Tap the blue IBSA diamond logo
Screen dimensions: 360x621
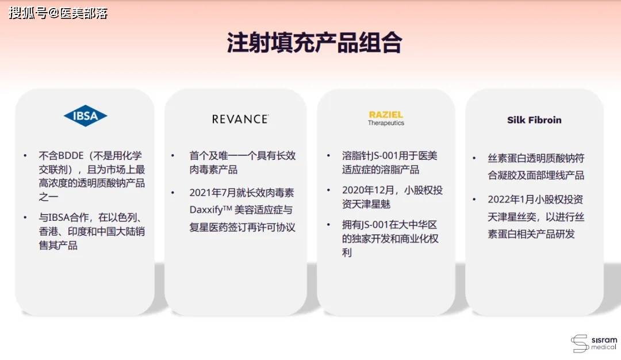click(85, 116)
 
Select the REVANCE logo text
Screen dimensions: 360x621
click(240, 119)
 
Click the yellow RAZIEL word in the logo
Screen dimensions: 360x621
click(386, 115)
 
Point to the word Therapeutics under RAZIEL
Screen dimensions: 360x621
click(386, 123)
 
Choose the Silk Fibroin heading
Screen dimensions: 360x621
click(534, 120)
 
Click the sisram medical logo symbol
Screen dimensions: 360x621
click(580, 343)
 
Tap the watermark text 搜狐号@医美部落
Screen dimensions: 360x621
click(58, 13)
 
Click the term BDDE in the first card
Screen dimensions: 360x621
click(71, 156)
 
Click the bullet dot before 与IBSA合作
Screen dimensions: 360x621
click(25, 218)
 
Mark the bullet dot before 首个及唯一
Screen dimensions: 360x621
click(172, 156)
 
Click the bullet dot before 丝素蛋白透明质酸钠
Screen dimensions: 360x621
click(474, 158)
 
